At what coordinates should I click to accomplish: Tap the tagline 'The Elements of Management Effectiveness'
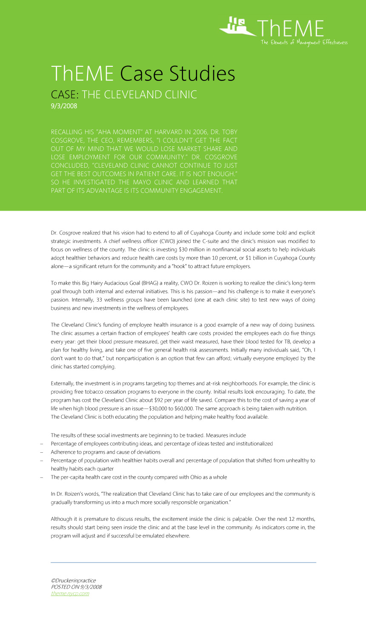[x=304, y=42]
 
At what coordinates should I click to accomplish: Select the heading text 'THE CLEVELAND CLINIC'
[x=140, y=94]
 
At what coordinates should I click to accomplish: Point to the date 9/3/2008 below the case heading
[x=64, y=106]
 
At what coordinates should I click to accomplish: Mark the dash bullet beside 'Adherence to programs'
[x=41, y=452]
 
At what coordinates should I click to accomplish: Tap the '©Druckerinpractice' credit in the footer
[x=73, y=580]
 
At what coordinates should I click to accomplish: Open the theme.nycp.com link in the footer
[x=70, y=593]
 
